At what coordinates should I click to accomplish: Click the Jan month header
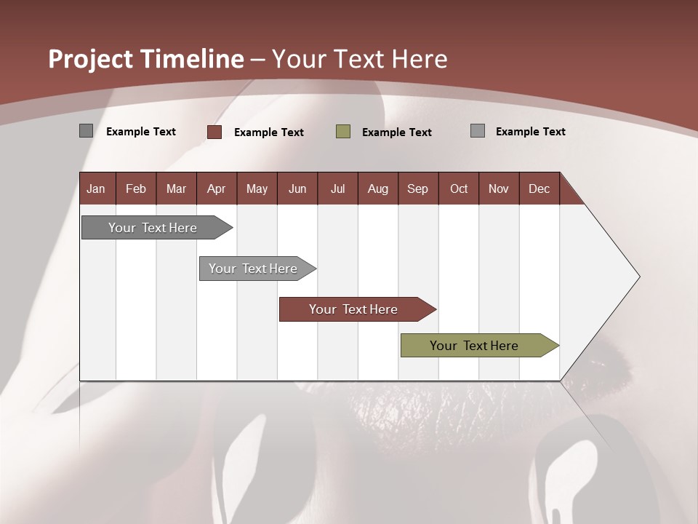96,188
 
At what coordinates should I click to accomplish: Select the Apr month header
216,188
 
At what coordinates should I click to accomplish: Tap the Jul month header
337,188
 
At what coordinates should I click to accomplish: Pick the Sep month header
417,188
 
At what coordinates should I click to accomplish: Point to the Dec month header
539,188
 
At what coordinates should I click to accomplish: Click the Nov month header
498,188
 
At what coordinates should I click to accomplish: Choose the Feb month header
136,188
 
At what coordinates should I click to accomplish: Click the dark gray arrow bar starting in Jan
153,228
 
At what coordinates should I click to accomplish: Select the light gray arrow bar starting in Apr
253,269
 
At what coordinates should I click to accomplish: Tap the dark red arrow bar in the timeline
353,309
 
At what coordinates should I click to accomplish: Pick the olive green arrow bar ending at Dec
474,346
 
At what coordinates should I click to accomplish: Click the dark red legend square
214,132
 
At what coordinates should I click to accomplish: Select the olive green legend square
343,132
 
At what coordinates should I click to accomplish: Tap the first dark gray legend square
86,131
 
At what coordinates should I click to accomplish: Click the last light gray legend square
478,131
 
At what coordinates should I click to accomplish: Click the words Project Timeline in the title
145,59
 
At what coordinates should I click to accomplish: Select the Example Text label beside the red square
269,132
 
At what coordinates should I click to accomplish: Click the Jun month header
297,188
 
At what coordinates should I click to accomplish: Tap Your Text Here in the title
360,59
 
